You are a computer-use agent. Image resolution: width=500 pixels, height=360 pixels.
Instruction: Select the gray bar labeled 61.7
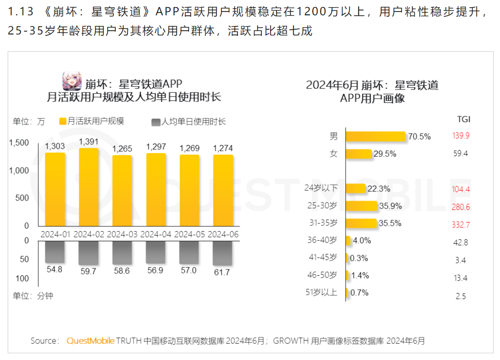(x=223, y=253)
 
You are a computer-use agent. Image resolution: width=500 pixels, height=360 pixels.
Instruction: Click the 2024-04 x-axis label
(x=156, y=235)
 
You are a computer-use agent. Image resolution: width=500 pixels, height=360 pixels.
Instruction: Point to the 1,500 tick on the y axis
(x=19, y=142)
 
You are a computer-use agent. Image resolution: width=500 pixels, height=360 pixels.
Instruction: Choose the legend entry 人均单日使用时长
(x=189, y=122)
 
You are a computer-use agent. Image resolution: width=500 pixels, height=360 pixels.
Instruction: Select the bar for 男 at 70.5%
(x=375, y=136)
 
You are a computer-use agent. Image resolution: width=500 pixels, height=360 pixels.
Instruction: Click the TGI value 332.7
(x=461, y=224)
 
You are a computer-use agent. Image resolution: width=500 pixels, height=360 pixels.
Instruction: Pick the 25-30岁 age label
(x=323, y=206)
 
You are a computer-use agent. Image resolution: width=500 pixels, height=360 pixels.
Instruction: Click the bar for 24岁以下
(x=355, y=189)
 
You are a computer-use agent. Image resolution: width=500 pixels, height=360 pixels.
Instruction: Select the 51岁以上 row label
(x=322, y=292)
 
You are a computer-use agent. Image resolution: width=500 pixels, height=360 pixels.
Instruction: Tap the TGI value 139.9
(x=461, y=136)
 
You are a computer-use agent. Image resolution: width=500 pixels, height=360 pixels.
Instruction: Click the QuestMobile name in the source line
(x=90, y=341)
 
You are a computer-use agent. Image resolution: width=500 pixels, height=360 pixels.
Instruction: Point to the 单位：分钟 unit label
(x=33, y=296)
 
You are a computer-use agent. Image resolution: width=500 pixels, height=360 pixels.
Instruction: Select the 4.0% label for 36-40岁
(x=362, y=241)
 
